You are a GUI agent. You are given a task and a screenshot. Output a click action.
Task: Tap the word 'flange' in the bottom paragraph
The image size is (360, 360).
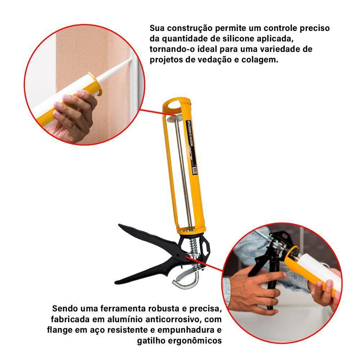[58, 330]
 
